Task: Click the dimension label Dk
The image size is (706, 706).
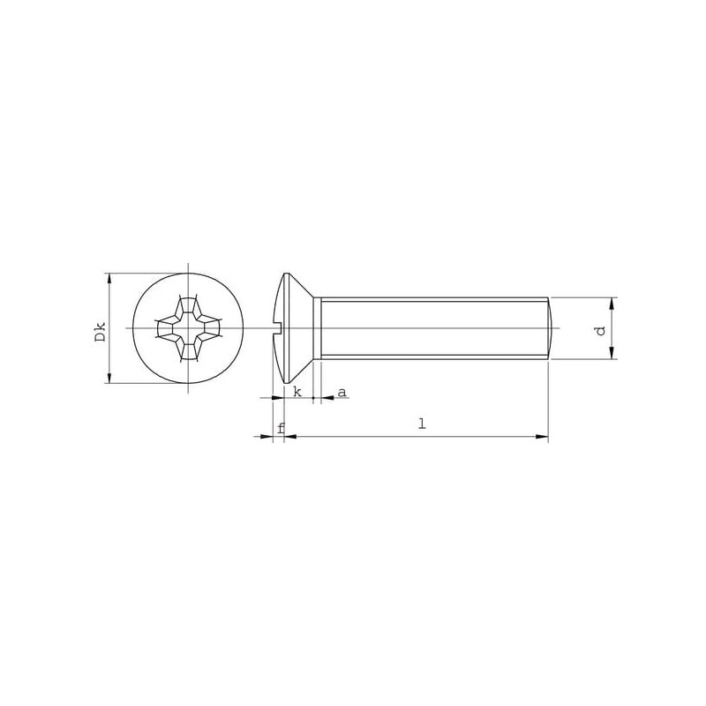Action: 101,332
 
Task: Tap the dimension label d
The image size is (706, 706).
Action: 600,331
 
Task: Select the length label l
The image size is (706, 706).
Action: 422,424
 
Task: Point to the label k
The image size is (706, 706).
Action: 297,392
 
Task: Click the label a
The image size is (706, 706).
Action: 342,393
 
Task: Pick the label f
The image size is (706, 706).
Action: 281,428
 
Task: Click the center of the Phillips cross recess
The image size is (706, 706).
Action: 188,328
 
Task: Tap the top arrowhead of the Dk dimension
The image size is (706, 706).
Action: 109,279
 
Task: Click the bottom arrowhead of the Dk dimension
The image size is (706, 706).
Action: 109,378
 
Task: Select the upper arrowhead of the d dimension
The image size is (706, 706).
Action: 612,304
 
